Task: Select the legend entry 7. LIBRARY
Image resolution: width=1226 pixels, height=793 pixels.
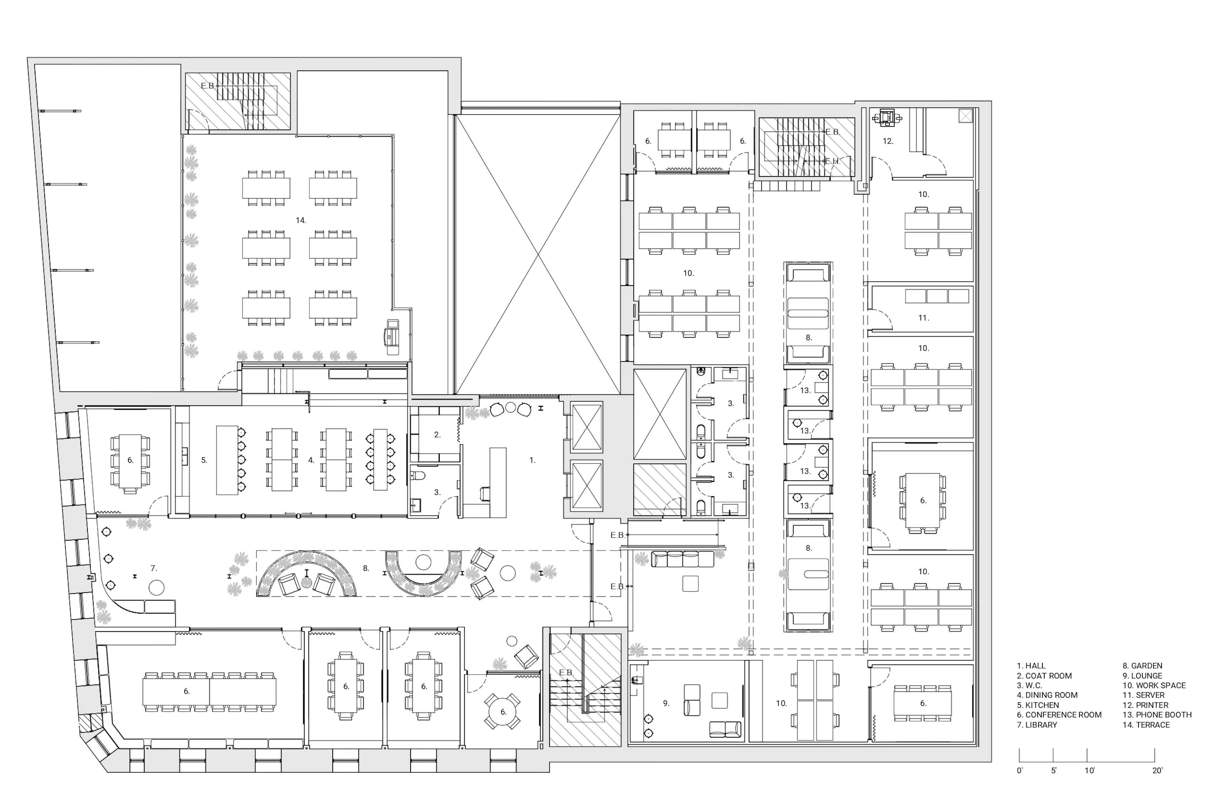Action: click(x=1037, y=724)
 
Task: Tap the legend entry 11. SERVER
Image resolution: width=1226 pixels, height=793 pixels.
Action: click(x=1144, y=695)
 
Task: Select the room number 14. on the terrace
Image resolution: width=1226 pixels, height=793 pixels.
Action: click(x=301, y=221)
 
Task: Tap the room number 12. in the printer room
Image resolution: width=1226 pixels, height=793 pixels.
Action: click(x=888, y=141)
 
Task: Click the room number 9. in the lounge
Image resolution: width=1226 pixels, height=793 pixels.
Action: click(x=666, y=703)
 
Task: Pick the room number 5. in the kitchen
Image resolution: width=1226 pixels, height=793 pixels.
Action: click(x=204, y=460)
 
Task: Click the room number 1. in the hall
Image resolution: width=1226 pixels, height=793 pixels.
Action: click(x=533, y=460)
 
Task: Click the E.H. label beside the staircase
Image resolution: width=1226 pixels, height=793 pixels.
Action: click(x=832, y=161)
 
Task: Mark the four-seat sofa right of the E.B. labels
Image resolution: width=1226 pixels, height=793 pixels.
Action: click(x=683, y=559)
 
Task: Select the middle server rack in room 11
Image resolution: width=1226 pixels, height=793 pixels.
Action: click(x=937, y=296)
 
